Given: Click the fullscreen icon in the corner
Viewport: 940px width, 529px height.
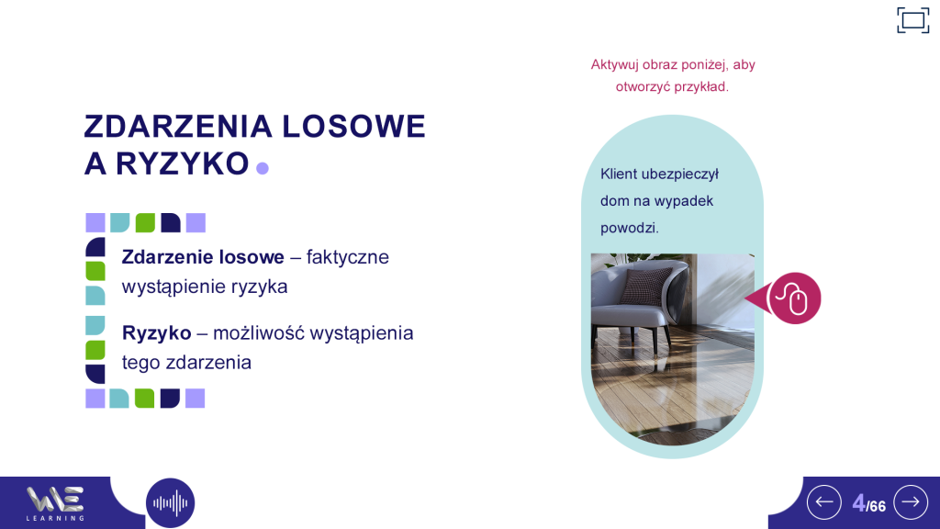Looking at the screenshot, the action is click(x=913, y=20).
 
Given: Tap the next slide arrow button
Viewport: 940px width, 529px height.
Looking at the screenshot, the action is click(x=911, y=502).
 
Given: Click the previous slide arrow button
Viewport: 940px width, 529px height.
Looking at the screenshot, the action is click(x=824, y=502).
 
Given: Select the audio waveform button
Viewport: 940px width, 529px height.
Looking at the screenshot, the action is click(x=170, y=502).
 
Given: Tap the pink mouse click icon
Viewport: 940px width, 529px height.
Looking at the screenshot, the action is click(x=794, y=298).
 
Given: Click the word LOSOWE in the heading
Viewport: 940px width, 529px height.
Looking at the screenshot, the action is click(x=353, y=127).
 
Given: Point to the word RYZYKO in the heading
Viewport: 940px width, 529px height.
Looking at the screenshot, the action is click(x=182, y=163).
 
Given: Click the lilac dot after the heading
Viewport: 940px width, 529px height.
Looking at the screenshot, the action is click(x=263, y=168).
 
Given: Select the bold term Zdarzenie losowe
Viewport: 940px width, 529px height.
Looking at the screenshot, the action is click(x=203, y=257).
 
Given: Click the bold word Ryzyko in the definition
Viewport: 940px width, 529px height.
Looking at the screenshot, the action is click(x=156, y=332).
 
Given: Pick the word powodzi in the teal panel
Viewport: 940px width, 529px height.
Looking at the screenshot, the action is click(x=630, y=228).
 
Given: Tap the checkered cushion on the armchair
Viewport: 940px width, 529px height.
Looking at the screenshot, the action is click(x=645, y=285).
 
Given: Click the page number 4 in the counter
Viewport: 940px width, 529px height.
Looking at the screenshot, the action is click(x=858, y=503).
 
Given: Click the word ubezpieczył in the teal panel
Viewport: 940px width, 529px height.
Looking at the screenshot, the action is click(x=680, y=174).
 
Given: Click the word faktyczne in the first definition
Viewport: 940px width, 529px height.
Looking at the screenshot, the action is click(x=348, y=257).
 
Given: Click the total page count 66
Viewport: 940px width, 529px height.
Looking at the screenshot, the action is click(x=878, y=507).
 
